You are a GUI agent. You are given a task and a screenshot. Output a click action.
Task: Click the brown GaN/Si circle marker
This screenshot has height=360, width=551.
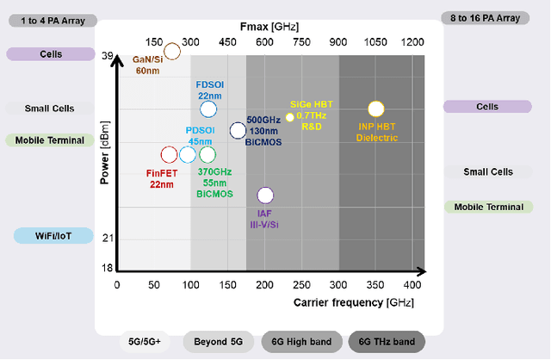point(171,51)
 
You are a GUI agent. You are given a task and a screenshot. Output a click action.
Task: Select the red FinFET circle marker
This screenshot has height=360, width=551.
point(169,155)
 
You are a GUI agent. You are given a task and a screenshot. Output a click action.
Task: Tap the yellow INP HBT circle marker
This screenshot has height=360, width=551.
point(375,109)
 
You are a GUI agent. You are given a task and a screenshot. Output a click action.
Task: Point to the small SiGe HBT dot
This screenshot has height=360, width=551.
point(289,116)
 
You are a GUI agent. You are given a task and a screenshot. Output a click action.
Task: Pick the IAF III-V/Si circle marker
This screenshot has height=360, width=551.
point(265,196)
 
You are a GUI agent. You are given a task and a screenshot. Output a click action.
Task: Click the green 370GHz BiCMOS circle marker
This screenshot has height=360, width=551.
point(207,155)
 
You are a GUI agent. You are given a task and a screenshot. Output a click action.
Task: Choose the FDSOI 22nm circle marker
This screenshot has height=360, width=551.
point(207,109)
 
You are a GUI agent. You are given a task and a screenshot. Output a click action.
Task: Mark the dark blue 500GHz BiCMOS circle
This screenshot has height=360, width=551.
point(237,131)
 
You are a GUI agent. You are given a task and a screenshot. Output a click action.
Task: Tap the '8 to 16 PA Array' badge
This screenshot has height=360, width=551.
point(491,17)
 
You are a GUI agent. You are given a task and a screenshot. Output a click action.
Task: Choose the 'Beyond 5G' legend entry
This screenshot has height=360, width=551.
point(219,343)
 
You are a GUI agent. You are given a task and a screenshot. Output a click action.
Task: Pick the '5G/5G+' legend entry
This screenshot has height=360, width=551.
point(145,343)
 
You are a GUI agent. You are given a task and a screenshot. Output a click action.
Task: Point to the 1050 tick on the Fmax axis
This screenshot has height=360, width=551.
point(375,41)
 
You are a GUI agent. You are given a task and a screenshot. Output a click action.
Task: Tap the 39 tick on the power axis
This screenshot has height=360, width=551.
point(108,56)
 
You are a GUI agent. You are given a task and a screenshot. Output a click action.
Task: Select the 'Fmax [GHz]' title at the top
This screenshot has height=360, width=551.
point(271,27)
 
